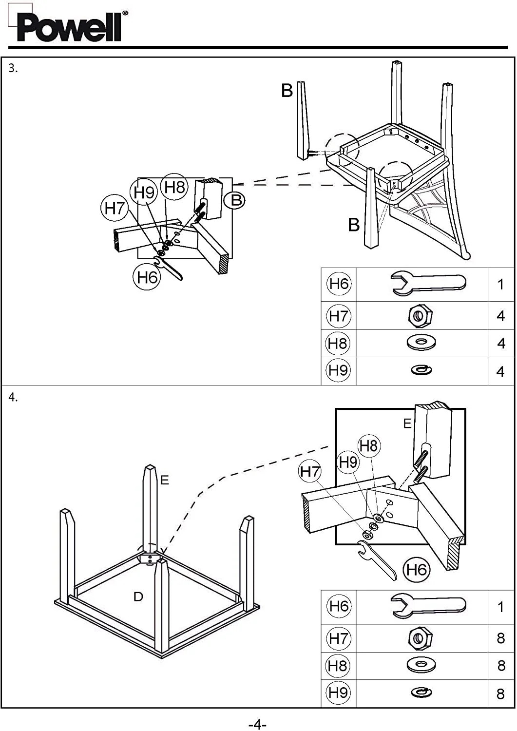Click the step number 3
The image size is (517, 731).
click(13, 69)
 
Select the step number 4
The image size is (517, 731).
click(13, 398)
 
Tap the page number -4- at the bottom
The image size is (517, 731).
click(257, 724)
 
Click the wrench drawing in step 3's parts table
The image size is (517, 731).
click(427, 284)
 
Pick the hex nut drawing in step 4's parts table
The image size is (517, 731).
click(421, 638)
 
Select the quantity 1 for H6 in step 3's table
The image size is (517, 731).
click(500, 285)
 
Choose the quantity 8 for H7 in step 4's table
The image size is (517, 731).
click(500, 638)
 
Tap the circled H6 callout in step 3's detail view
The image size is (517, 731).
click(147, 277)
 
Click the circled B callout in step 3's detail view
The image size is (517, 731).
click(236, 200)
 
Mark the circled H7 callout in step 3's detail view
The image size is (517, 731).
click(115, 208)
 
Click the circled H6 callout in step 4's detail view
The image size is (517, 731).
click(417, 570)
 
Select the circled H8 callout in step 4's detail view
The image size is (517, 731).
click(368, 445)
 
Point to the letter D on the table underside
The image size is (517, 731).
click(138, 596)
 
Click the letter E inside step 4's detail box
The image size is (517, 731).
click(407, 424)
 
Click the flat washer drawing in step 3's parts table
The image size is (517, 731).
click(421, 343)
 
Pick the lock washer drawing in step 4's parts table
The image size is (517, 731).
click(421, 693)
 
